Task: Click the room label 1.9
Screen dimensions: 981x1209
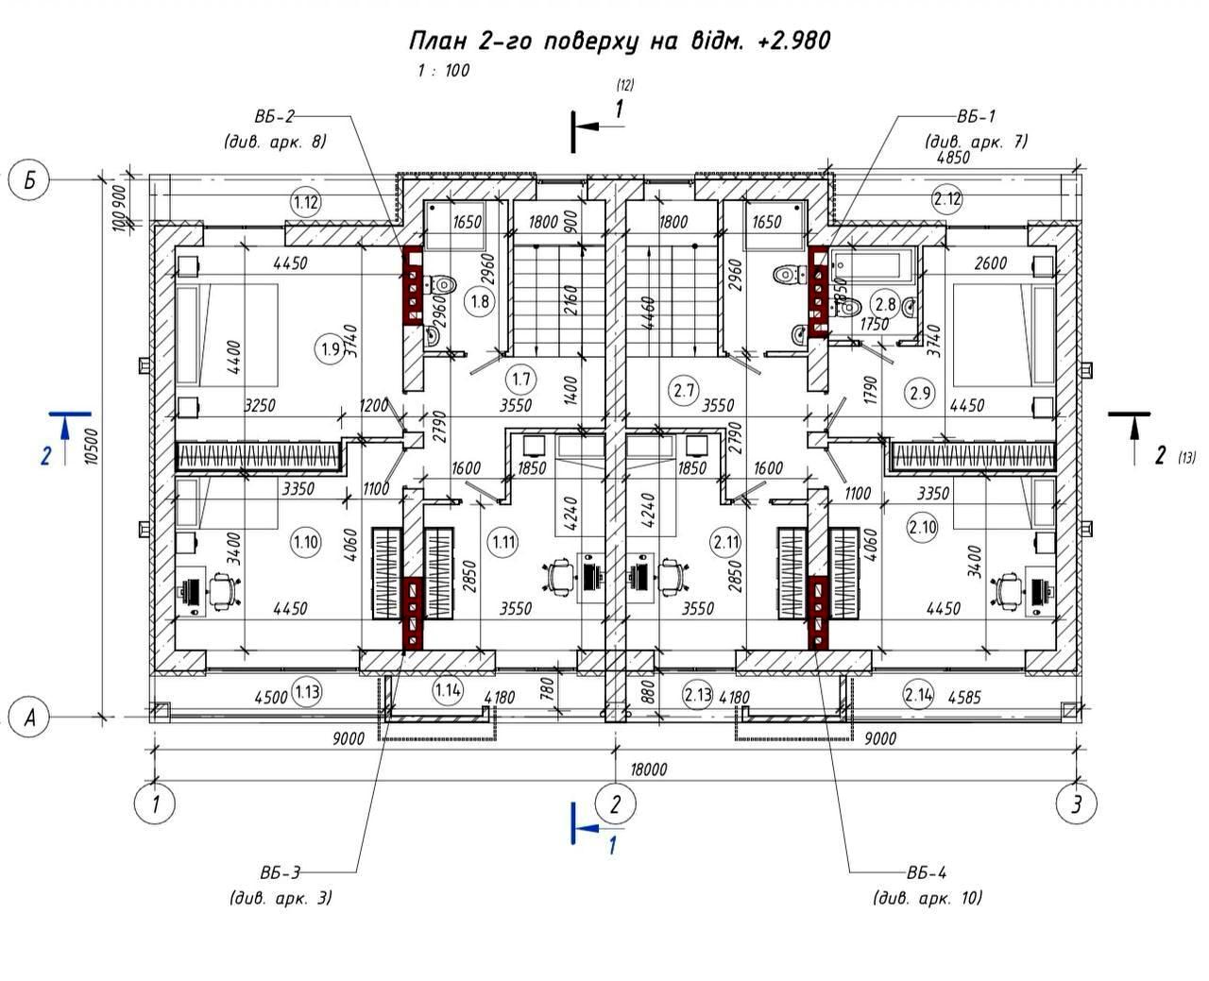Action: [x=330, y=348]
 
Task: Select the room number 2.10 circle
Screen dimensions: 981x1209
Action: [x=922, y=527]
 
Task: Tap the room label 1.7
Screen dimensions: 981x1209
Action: [x=520, y=380]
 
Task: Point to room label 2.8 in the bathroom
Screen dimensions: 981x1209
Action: [x=886, y=304]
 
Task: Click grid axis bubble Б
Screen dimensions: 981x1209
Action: [x=29, y=180]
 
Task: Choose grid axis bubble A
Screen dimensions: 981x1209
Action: [x=29, y=717]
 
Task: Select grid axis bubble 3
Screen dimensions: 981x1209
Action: [x=1076, y=804]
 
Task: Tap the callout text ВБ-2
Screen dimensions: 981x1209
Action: [x=274, y=117]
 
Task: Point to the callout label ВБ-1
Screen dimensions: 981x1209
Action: [x=976, y=117]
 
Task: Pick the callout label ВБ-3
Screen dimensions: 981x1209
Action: [x=280, y=872]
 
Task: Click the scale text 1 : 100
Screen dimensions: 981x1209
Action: [x=443, y=71]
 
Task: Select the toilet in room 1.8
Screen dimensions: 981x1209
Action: [x=442, y=283]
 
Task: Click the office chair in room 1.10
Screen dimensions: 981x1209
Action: [x=224, y=590]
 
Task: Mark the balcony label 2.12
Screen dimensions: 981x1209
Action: [x=946, y=199]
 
